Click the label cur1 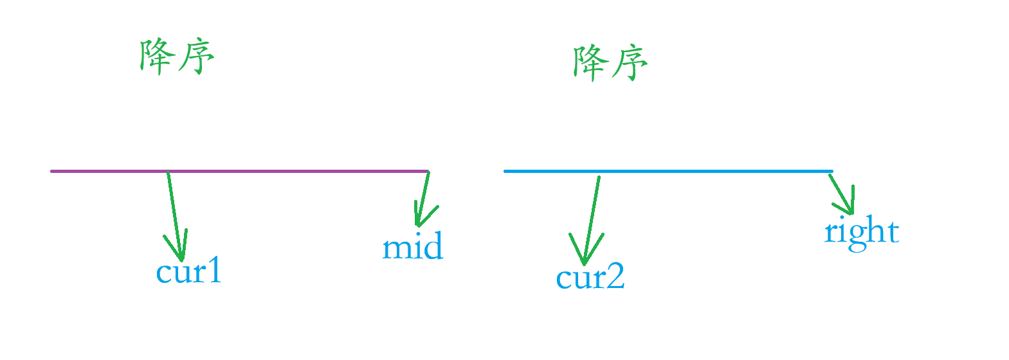click(x=188, y=272)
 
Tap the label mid click(x=413, y=248)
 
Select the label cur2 click(x=590, y=278)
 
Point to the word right click(x=861, y=231)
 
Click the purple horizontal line click(x=257, y=171)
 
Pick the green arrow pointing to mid click(x=423, y=199)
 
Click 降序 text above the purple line click(x=177, y=57)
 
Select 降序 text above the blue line click(x=610, y=63)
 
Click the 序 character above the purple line click(x=195, y=58)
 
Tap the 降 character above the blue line click(x=590, y=63)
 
